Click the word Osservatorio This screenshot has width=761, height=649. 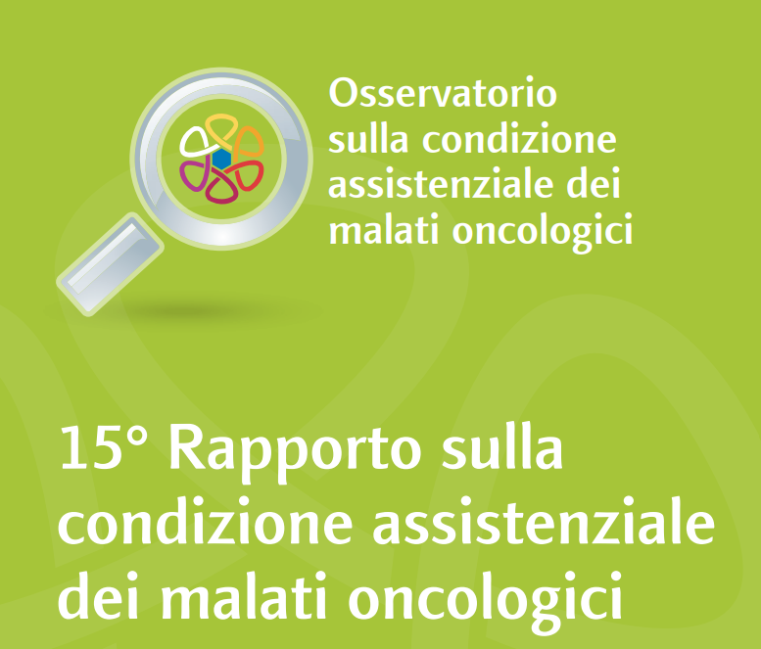coord(443,92)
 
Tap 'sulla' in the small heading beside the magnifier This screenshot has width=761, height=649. coord(368,139)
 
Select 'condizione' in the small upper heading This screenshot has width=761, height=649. coord(520,139)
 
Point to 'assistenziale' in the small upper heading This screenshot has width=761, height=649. coord(441,184)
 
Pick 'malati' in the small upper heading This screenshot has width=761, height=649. coord(384,229)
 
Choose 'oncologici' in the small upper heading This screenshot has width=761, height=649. coord(544,233)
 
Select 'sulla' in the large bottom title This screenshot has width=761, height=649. coord(502,446)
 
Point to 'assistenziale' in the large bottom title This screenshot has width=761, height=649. coord(544,520)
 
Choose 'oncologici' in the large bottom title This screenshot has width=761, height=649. coord(485,601)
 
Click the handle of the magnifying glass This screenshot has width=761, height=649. coord(110,264)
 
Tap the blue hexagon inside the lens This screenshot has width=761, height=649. coord(221,159)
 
